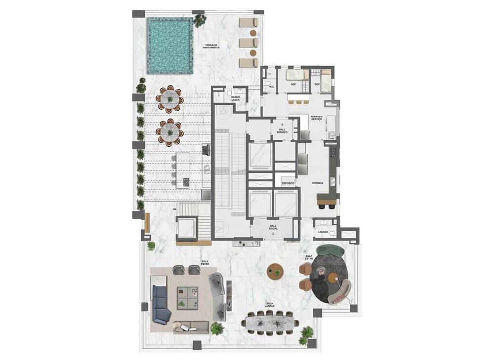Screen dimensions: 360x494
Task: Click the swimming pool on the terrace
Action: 169,45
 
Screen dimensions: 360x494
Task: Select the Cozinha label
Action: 318,183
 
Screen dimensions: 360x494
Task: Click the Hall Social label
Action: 273,227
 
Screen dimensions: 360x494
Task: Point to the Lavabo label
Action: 324,232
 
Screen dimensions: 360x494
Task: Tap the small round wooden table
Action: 275,271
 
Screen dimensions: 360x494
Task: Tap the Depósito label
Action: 288,183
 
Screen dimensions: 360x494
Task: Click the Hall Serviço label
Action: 283,130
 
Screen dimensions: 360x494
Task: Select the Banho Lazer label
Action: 236,98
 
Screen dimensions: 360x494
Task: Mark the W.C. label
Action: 271,87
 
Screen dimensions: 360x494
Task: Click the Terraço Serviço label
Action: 316,119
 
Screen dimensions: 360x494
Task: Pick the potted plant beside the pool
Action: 200,21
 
